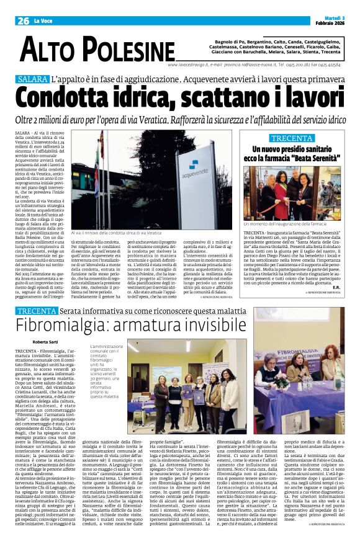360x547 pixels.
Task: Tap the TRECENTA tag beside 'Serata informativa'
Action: [38, 310]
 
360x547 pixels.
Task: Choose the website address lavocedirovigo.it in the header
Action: [189, 64]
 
